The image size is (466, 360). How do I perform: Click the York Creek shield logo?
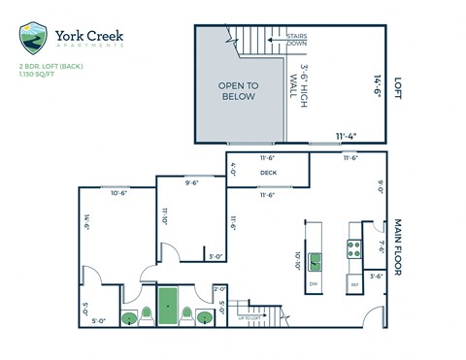tap(34, 39)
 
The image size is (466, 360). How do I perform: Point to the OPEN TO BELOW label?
tap(236, 91)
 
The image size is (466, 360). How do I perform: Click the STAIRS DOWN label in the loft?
tap(298, 40)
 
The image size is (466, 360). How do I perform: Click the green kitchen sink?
tap(316, 260)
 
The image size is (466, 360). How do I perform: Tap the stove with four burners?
tap(354, 248)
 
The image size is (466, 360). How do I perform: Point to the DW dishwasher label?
tap(314, 282)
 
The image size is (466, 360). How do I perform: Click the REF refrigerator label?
tap(354, 284)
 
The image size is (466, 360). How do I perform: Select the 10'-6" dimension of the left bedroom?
tap(118, 192)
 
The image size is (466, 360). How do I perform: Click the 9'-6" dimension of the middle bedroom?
tap(192, 180)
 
